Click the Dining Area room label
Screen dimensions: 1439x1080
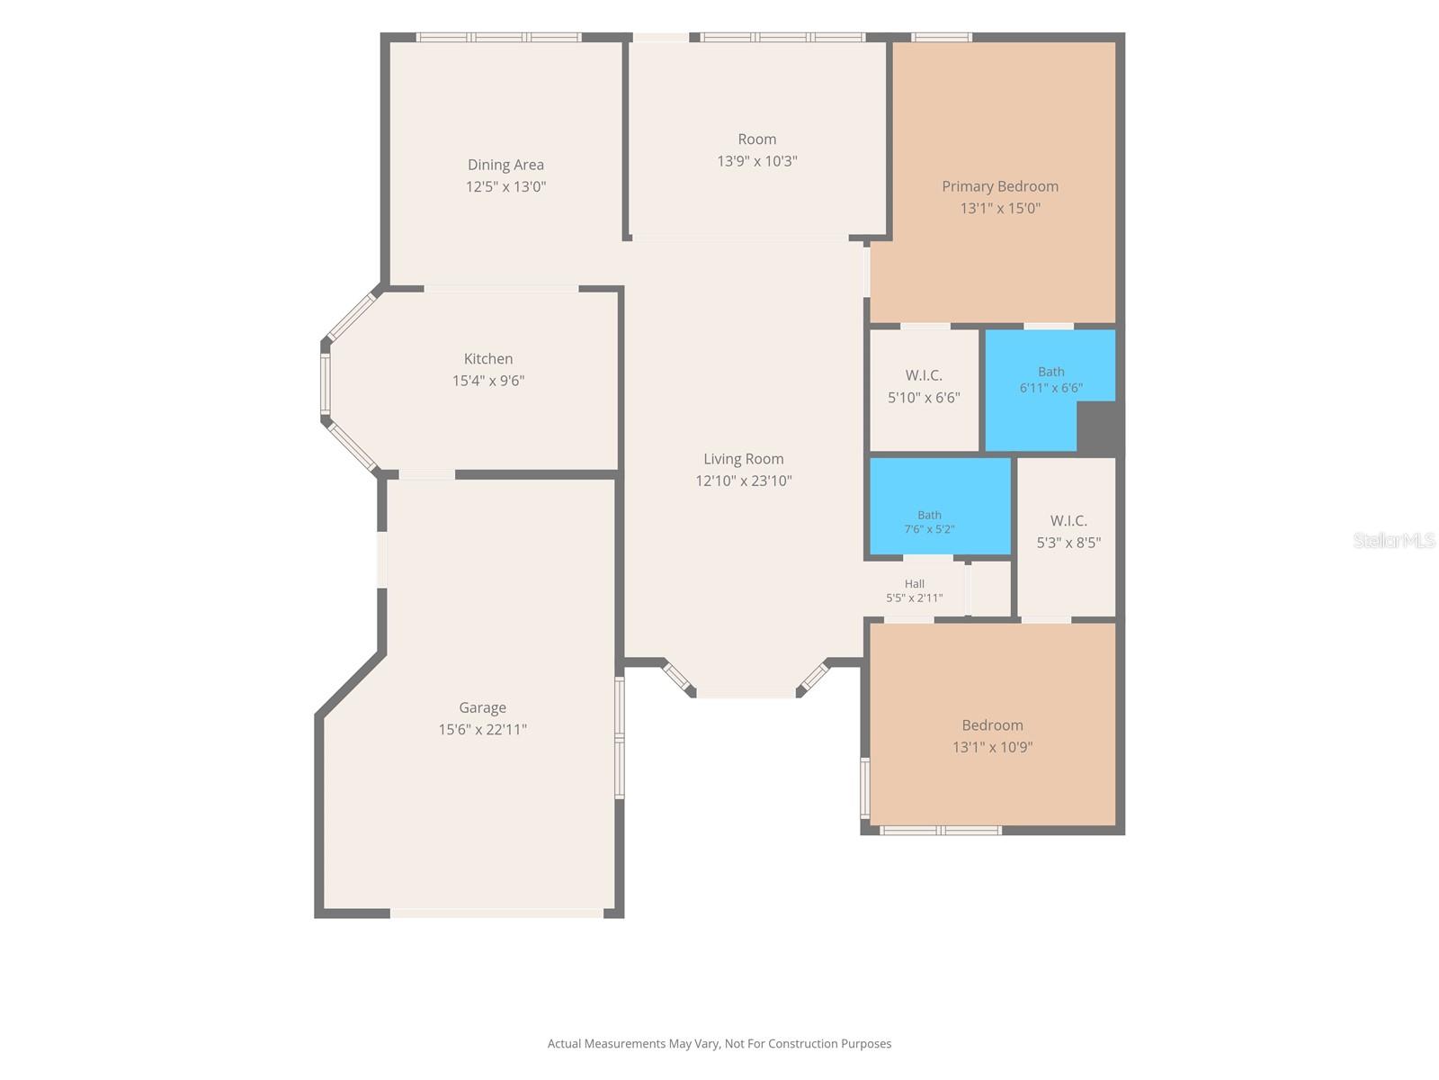coord(505,165)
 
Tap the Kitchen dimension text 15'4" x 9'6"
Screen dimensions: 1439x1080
coord(488,381)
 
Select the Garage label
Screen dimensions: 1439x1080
coord(482,707)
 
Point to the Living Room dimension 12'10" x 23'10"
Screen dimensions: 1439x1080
coord(744,481)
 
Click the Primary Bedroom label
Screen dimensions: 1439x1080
coord(1000,186)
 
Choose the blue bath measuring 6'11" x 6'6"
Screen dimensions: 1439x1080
coord(1050,390)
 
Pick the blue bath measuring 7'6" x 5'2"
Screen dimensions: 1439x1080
coord(940,506)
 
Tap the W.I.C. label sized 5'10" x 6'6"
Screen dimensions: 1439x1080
coord(924,375)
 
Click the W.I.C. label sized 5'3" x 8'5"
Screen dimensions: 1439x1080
coord(1068,521)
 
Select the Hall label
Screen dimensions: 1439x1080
coord(915,583)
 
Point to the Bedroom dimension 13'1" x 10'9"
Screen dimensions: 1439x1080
coord(993,747)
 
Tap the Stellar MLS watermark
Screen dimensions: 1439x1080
coord(1394,540)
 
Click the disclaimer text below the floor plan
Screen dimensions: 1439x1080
coord(719,1043)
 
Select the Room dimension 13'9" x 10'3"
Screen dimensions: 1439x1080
coord(757,161)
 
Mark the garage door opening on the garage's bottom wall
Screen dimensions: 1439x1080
coord(497,913)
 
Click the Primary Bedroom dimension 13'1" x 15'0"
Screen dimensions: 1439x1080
coord(1000,208)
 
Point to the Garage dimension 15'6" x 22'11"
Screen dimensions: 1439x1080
coord(482,729)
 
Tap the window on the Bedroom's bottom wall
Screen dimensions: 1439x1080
coord(941,830)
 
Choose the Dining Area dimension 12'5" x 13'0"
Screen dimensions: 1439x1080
coord(505,186)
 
